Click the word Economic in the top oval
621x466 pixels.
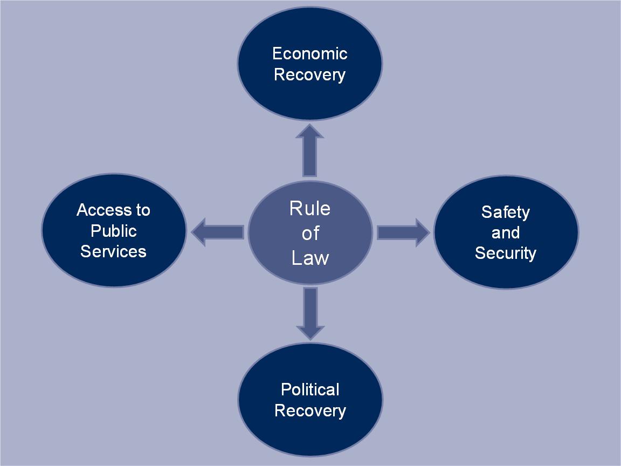point(309,53)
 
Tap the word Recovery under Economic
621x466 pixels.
point(309,74)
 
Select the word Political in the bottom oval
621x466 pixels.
point(310,389)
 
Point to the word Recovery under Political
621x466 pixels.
point(310,410)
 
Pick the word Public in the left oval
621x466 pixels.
point(114,231)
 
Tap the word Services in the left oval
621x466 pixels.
point(113,251)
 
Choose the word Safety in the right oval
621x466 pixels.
point(506,212)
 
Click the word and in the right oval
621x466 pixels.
point(506,233)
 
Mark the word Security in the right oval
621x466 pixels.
point(506,253)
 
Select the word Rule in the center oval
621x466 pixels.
point(310,208)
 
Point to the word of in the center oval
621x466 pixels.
point(310,233)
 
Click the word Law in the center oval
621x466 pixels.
point(310,258)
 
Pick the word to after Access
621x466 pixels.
point(142,210)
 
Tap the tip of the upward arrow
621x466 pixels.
point(309,126)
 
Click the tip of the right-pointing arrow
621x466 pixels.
point(429,232)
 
